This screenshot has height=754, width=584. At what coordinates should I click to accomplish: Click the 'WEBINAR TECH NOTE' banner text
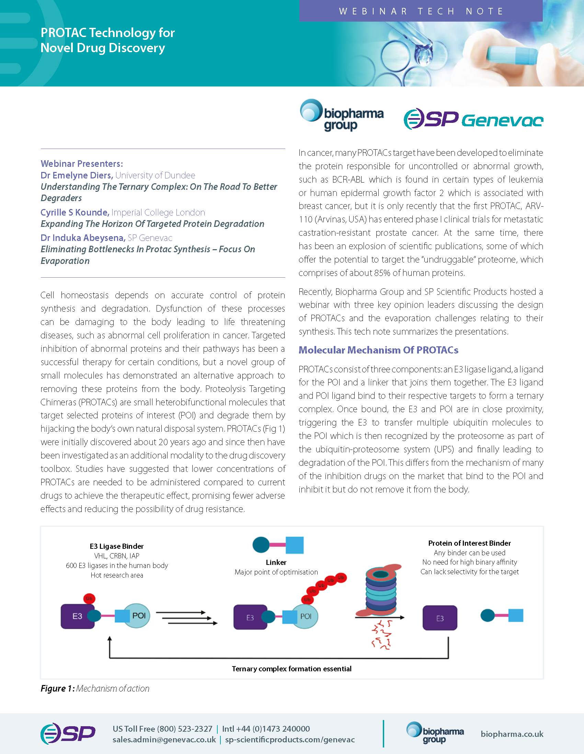421,11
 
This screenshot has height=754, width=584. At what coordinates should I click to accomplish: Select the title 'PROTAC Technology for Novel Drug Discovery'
107,40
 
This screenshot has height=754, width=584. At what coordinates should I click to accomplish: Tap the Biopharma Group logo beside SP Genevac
342,115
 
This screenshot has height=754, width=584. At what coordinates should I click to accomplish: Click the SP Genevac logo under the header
473,119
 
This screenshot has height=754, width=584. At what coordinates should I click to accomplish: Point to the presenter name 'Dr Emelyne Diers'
77,175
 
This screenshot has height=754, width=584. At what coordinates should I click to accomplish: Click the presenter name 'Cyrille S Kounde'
75,212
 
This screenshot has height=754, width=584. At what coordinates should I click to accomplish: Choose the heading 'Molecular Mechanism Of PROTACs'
378,350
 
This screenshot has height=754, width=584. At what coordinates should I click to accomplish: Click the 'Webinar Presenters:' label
81,164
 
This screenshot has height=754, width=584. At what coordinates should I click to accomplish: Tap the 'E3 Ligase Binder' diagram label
116,546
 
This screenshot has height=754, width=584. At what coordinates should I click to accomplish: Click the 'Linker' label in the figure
276,562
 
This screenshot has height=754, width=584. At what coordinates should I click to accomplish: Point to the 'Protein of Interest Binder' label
469,543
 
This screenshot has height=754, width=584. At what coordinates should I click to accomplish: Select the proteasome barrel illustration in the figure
381,591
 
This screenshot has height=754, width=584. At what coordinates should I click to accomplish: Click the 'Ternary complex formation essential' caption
291,669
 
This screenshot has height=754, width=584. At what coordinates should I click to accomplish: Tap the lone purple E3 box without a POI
440,618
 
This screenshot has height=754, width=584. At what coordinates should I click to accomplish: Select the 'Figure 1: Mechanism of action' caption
95,688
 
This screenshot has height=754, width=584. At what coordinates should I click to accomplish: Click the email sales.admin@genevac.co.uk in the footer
164,740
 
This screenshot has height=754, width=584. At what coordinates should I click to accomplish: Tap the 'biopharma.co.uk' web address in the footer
512,734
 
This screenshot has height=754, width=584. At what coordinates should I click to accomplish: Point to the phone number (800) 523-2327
184,729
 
